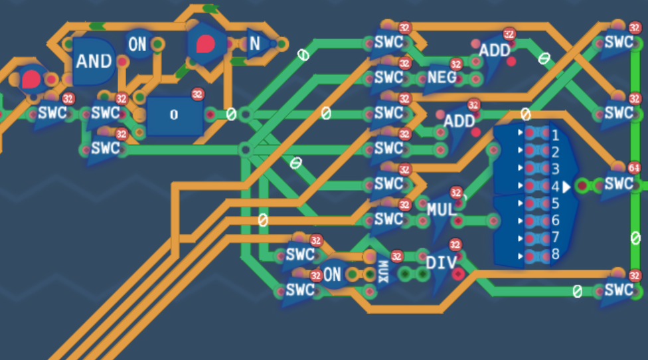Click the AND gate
[x=94, y=61]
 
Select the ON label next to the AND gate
[x=137, y=45]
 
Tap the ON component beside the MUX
[x=332, y=274]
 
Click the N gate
[x=255, y=44]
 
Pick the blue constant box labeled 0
[x=174, y=115]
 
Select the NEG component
[x=442, y=77]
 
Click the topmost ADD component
[x=495, y=50]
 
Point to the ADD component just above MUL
[x=459, y=121]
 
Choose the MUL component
[x=442, y=210]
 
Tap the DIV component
[x=442, y=263]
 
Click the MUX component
[x=383, y=271]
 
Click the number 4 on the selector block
[x=555, y=187]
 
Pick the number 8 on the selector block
[x=555, y=254]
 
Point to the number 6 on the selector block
[x=555, y=220]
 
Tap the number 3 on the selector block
[x=555, y=169]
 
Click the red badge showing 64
[x=634, y=168]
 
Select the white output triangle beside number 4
[x=566, y=187]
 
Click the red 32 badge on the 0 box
[x=197, y=94]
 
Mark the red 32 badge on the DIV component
[x=455, y=245]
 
